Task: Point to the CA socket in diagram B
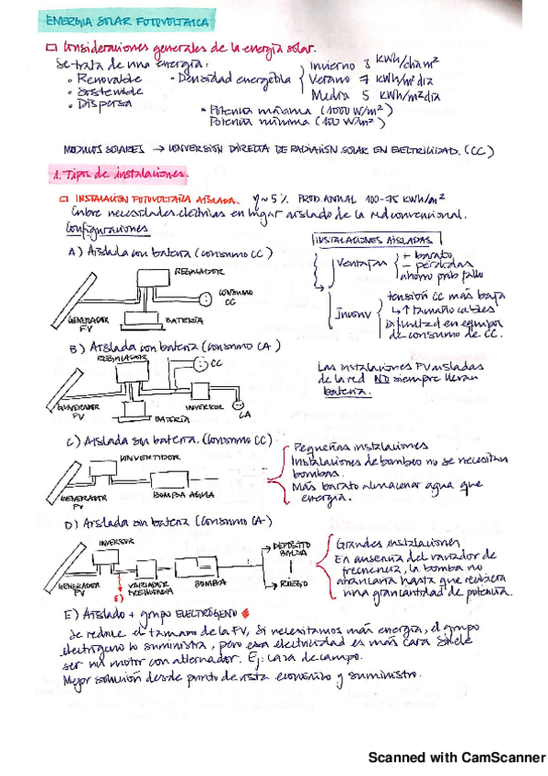coord(238,404)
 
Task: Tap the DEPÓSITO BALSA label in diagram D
coord(294,549)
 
